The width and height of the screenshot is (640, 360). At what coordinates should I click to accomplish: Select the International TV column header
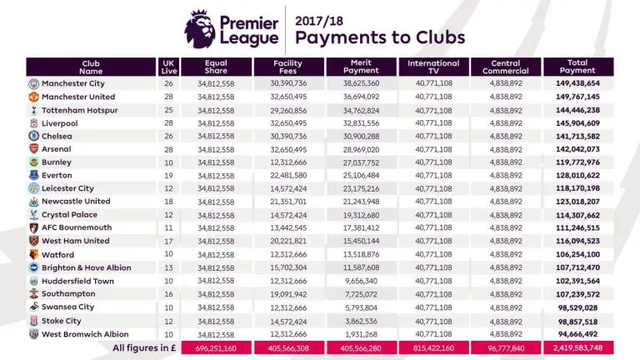pos(433,67)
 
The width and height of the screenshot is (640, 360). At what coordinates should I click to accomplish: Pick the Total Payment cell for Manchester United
pos(577,97)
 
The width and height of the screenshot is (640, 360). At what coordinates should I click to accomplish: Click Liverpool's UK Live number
pos(168,122)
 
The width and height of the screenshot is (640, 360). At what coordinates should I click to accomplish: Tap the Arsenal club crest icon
pos(33,148)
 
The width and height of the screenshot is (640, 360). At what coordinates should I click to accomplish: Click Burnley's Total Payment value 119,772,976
pos(577,162)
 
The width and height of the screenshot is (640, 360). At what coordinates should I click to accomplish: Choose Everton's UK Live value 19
pos(168,175)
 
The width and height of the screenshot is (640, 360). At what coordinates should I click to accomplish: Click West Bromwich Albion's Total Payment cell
pos(577,332)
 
